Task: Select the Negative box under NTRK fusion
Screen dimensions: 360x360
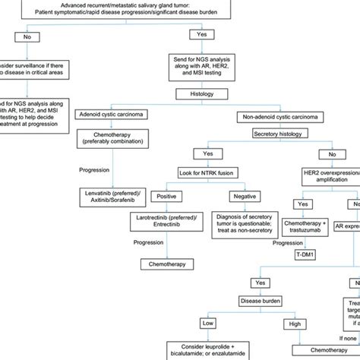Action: tap(241, 195)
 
